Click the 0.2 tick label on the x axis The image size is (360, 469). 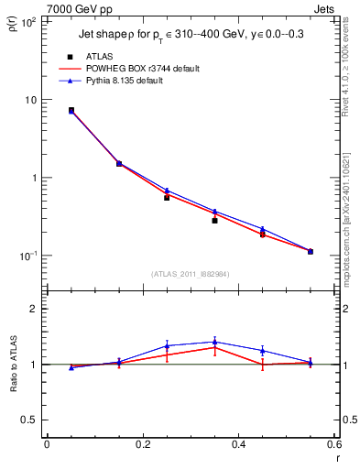pos(142,444)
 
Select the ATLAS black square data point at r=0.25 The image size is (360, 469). pos(167,197)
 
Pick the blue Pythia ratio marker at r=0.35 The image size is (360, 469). pos(214,342)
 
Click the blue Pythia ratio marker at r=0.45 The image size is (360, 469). pos(263,351)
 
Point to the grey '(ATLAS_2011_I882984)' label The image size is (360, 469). pos(191,274)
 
